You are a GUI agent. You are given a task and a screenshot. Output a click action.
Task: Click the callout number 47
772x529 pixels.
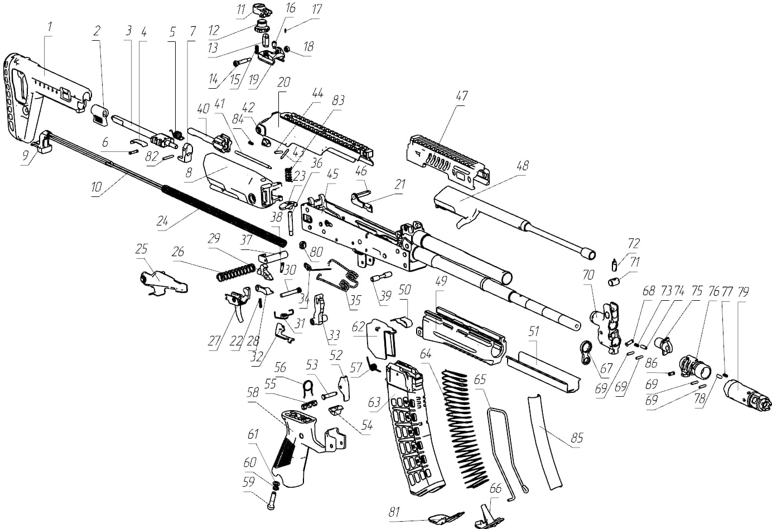pos(461,95)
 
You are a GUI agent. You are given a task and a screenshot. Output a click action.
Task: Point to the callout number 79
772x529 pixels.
pos(743,291)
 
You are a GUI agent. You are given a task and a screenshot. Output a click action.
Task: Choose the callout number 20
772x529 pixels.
pos(284,82)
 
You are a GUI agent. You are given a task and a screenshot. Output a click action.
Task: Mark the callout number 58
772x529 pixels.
pos(253,392)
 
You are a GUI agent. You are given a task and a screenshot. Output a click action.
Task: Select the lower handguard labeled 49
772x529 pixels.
pos(463,332)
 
